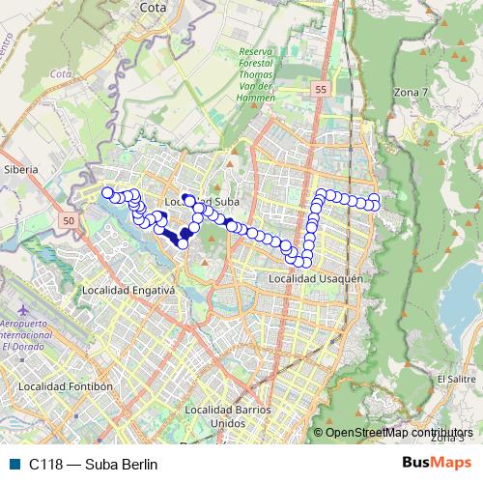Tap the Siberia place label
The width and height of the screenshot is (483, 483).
[20, 169]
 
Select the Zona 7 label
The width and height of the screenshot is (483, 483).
[412, 91]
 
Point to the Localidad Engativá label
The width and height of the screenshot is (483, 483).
[128, 290]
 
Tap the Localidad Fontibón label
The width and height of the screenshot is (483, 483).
[71, 386]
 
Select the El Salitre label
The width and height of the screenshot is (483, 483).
[456, 379]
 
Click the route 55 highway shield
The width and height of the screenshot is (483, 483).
[320, 89]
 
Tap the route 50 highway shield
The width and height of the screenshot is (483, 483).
[67, 221]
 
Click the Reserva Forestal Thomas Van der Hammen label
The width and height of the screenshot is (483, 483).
[255, 73]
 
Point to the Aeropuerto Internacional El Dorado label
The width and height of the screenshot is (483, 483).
[30, 334]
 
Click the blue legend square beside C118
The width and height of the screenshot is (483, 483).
[13, 465]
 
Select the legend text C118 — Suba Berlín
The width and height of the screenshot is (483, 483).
[93, 465]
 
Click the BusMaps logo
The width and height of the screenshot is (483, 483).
[437, 464]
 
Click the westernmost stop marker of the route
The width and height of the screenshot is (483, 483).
[107, 192]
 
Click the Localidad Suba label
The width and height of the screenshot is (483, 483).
[200, 202]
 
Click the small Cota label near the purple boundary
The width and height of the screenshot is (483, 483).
[60, 74]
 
